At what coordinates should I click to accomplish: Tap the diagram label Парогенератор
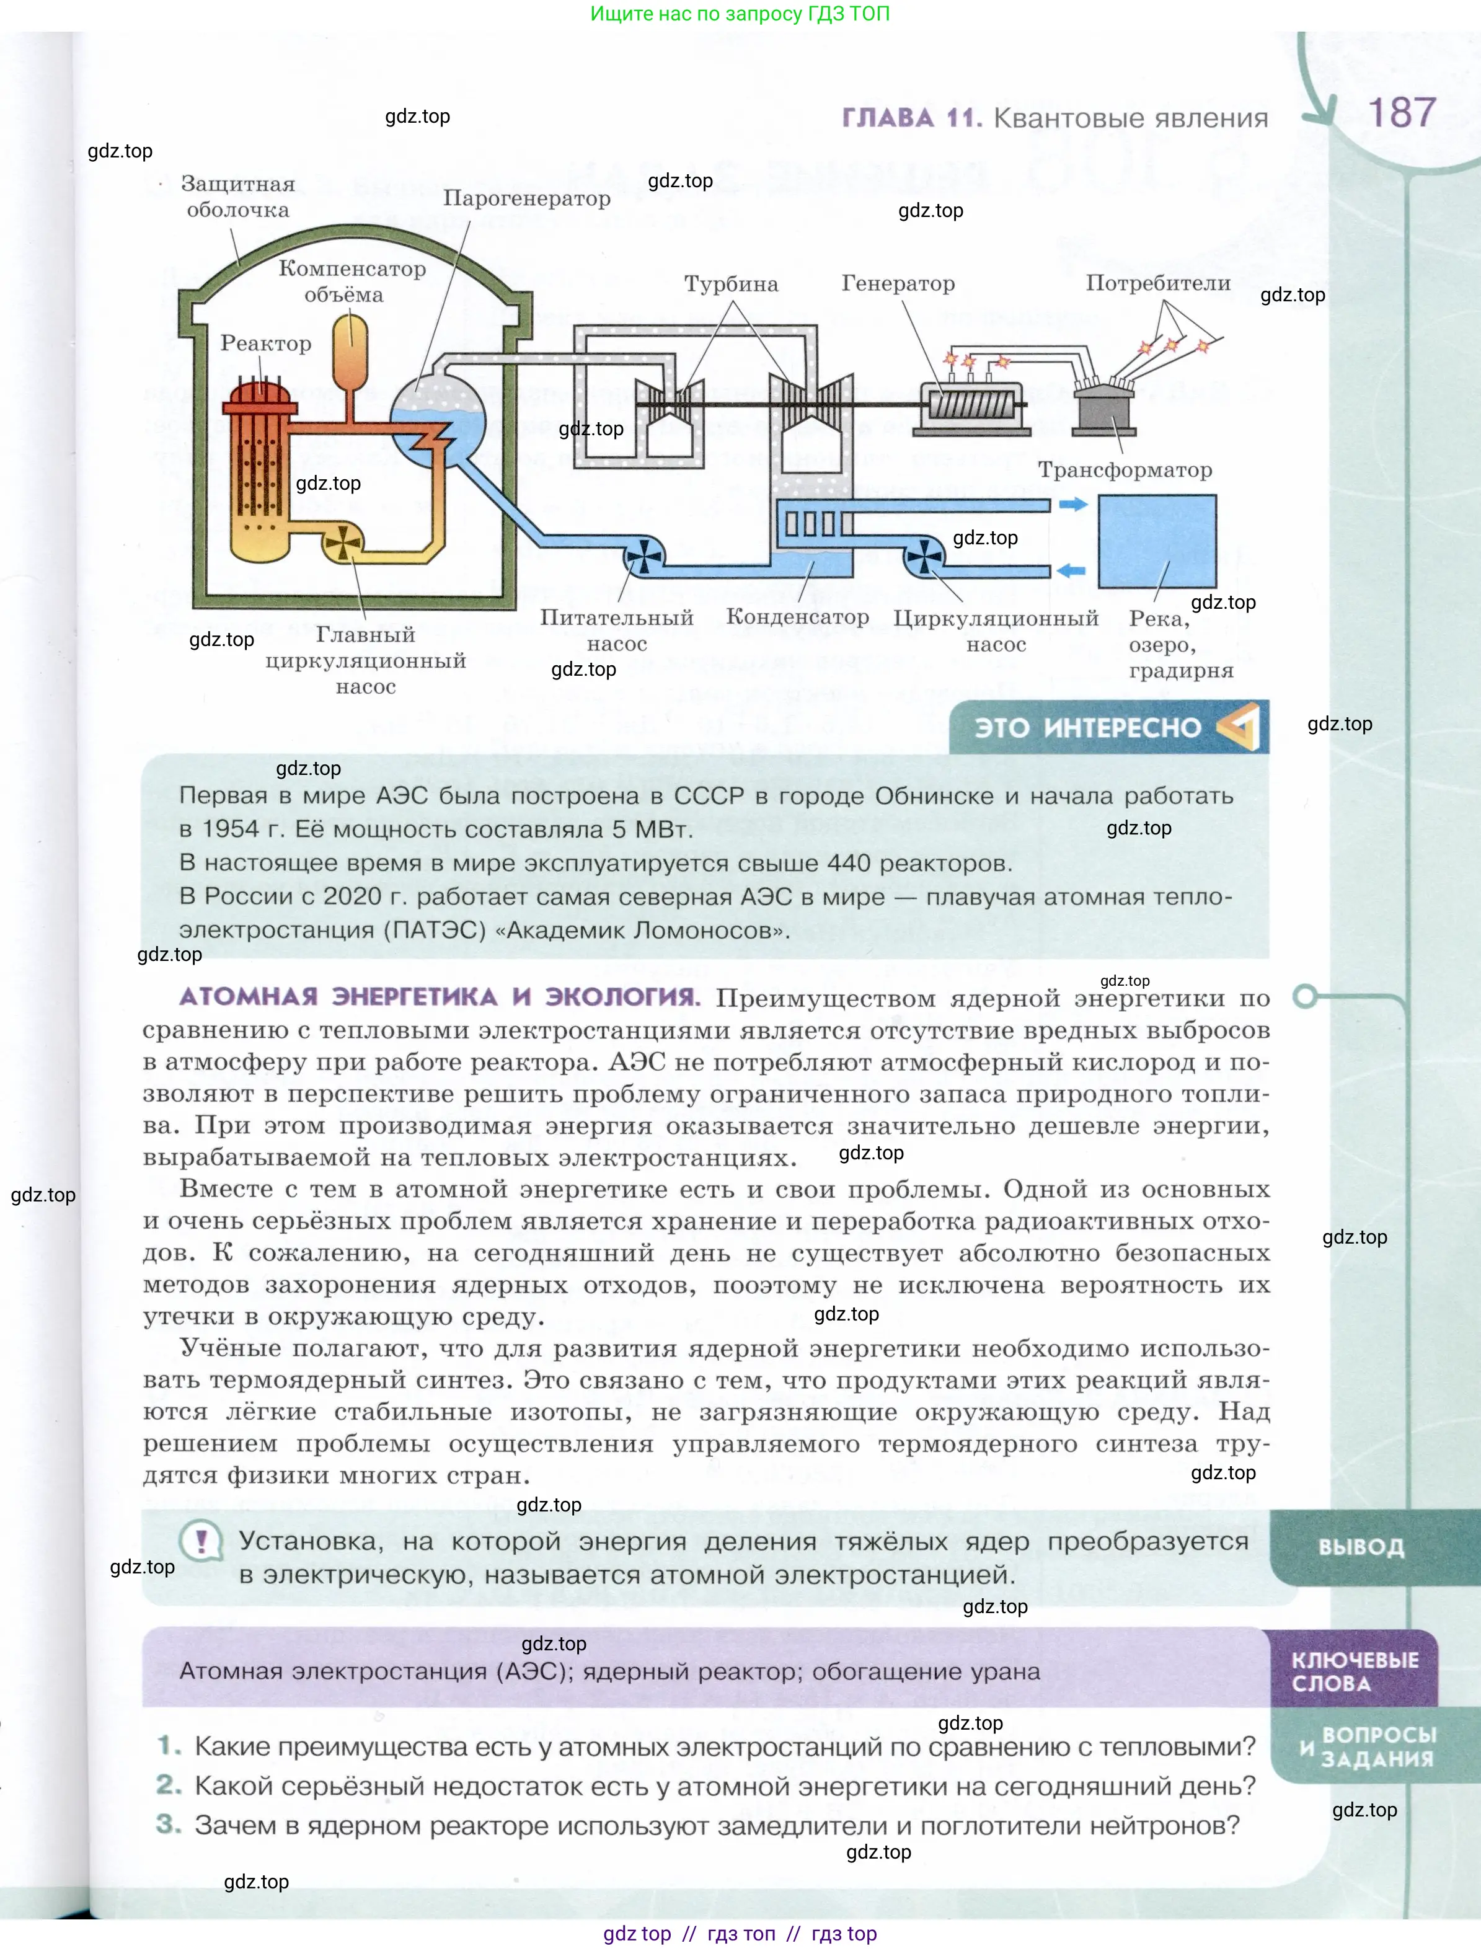tap(526, 198)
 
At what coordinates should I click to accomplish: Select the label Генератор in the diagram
tap(898, 283)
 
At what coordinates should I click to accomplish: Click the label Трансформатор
tap(1125, 470)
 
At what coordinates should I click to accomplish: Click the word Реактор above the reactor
tap(265, 343)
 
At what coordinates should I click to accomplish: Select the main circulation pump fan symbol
tap(342, 542)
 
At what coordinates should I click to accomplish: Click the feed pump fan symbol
tap(643, 555)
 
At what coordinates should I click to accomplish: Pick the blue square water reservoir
tap(1156, 541)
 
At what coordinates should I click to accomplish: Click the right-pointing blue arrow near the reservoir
tap(1072, 505)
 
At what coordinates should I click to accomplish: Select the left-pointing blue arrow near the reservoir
tap(1072, 570)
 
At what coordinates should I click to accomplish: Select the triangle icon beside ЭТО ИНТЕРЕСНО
tap(1239, 727)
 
